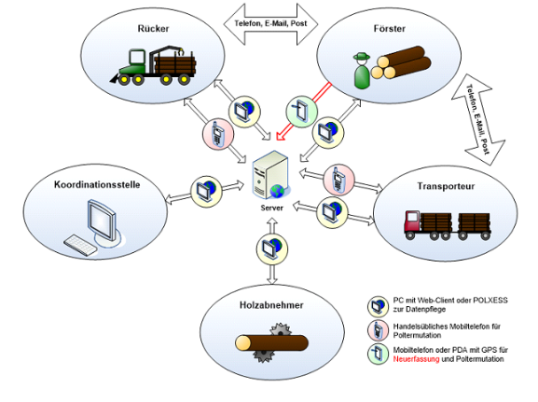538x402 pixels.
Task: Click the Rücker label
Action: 153,29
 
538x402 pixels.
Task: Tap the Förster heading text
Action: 390,29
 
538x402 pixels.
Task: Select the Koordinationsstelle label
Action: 97,184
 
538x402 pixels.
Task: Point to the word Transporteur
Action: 446,186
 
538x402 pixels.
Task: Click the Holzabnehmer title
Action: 271,305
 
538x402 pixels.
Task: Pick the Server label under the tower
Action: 271,208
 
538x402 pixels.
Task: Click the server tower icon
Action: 271,175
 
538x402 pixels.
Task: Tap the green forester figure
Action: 362,71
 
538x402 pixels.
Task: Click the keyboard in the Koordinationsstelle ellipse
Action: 80,245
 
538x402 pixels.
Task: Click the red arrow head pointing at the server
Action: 281,136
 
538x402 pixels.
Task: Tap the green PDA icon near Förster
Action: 301,112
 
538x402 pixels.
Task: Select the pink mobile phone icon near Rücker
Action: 218,134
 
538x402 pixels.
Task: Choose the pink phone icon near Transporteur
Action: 338,180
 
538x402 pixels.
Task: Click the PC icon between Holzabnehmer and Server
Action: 272,249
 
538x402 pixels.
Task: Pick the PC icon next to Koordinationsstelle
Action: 207,192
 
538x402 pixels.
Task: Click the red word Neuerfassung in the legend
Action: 416,359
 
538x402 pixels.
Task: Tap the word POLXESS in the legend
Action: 490,301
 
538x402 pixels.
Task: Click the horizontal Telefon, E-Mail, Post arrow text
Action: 270,23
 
